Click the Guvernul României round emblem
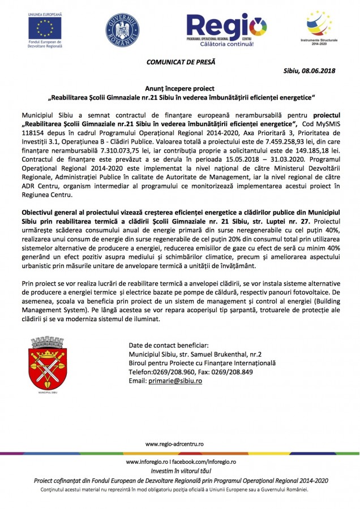122,29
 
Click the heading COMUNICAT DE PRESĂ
181,61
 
